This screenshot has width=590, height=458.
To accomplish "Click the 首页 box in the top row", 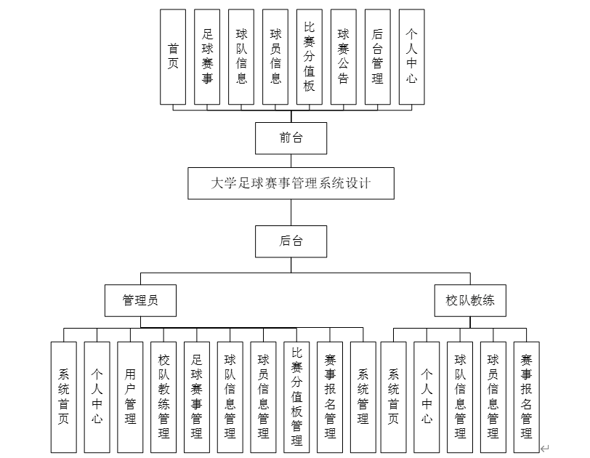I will [173, 57].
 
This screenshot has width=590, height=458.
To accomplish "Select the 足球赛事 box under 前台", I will [207, 57].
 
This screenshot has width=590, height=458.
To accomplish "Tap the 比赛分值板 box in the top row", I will [310, 57].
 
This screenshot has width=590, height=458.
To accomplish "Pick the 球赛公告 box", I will [344, 57].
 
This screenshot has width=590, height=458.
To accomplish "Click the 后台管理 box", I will [378, 57].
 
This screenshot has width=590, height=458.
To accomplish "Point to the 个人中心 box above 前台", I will [412, 57].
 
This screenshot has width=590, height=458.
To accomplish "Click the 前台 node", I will [291, 138].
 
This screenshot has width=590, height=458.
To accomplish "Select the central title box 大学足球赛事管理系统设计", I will [291, 183].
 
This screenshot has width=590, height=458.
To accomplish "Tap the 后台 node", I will [291, 241].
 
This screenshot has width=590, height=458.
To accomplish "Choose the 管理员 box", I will [140, 300].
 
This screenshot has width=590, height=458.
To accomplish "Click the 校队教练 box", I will [470, 300].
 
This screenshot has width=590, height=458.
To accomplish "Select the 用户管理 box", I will [130, 397].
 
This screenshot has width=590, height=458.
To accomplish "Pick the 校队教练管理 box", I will [163, 397].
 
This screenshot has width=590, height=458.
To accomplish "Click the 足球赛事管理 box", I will [197, 397].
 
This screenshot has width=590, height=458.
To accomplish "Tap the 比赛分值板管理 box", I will [296, 397].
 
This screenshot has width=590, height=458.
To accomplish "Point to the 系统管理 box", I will [363, 397].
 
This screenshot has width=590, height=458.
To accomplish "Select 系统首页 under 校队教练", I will [393, 397].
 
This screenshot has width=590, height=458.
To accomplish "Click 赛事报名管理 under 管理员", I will [330, 397].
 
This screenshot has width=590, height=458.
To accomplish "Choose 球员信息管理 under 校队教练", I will [493, 397].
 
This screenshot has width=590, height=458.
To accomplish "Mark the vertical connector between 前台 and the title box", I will [291, 161].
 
